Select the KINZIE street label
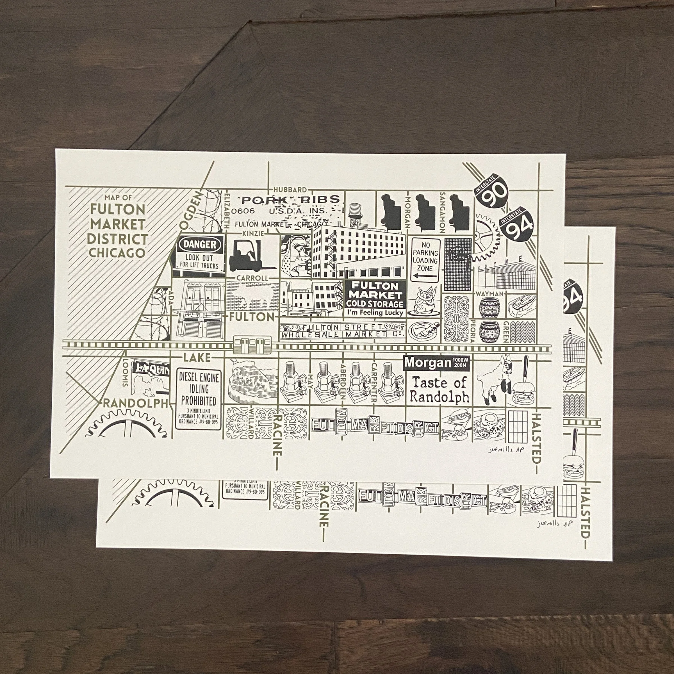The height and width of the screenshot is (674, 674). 254,233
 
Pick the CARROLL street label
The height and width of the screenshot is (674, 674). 252,278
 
